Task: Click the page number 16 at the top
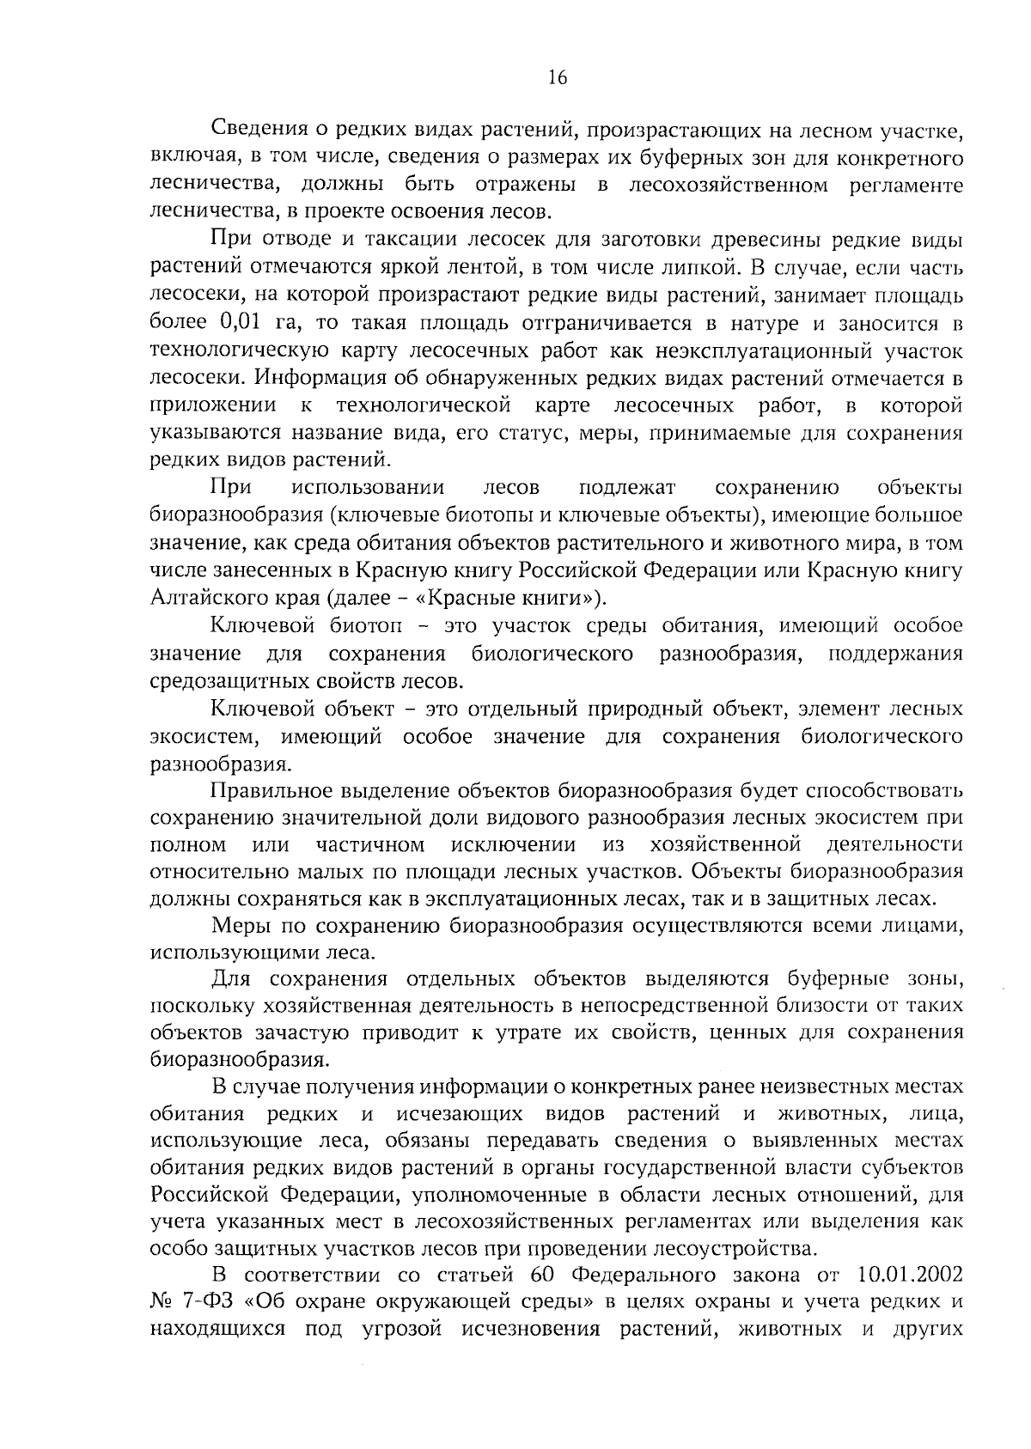[x=557, y=77]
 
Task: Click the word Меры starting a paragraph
[x=237, y=926]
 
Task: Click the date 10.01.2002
[x=910, y=1276]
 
